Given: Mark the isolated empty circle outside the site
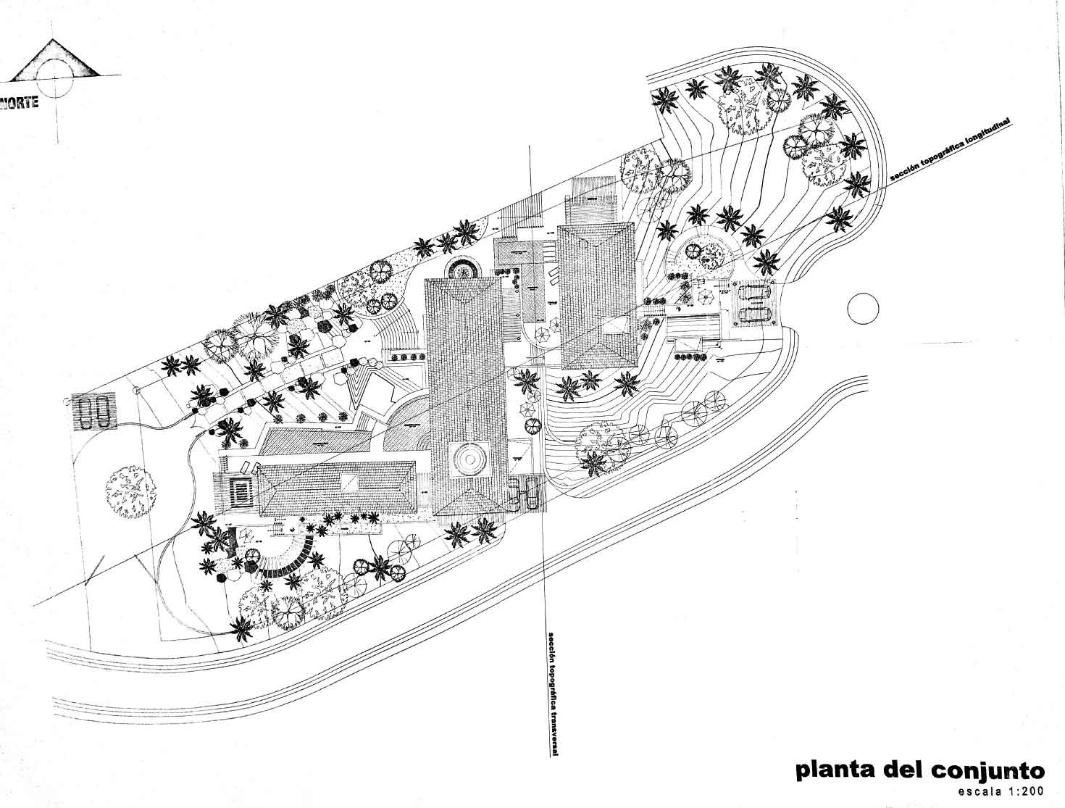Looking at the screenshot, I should click(863, 309).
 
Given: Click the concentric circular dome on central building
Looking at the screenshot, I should click(466, 458).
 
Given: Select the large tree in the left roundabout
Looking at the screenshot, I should click(131, 489).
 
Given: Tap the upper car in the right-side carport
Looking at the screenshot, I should click(754, 292).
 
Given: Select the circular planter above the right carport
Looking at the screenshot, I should click(703, 254).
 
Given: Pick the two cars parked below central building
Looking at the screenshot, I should click(524, 492).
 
